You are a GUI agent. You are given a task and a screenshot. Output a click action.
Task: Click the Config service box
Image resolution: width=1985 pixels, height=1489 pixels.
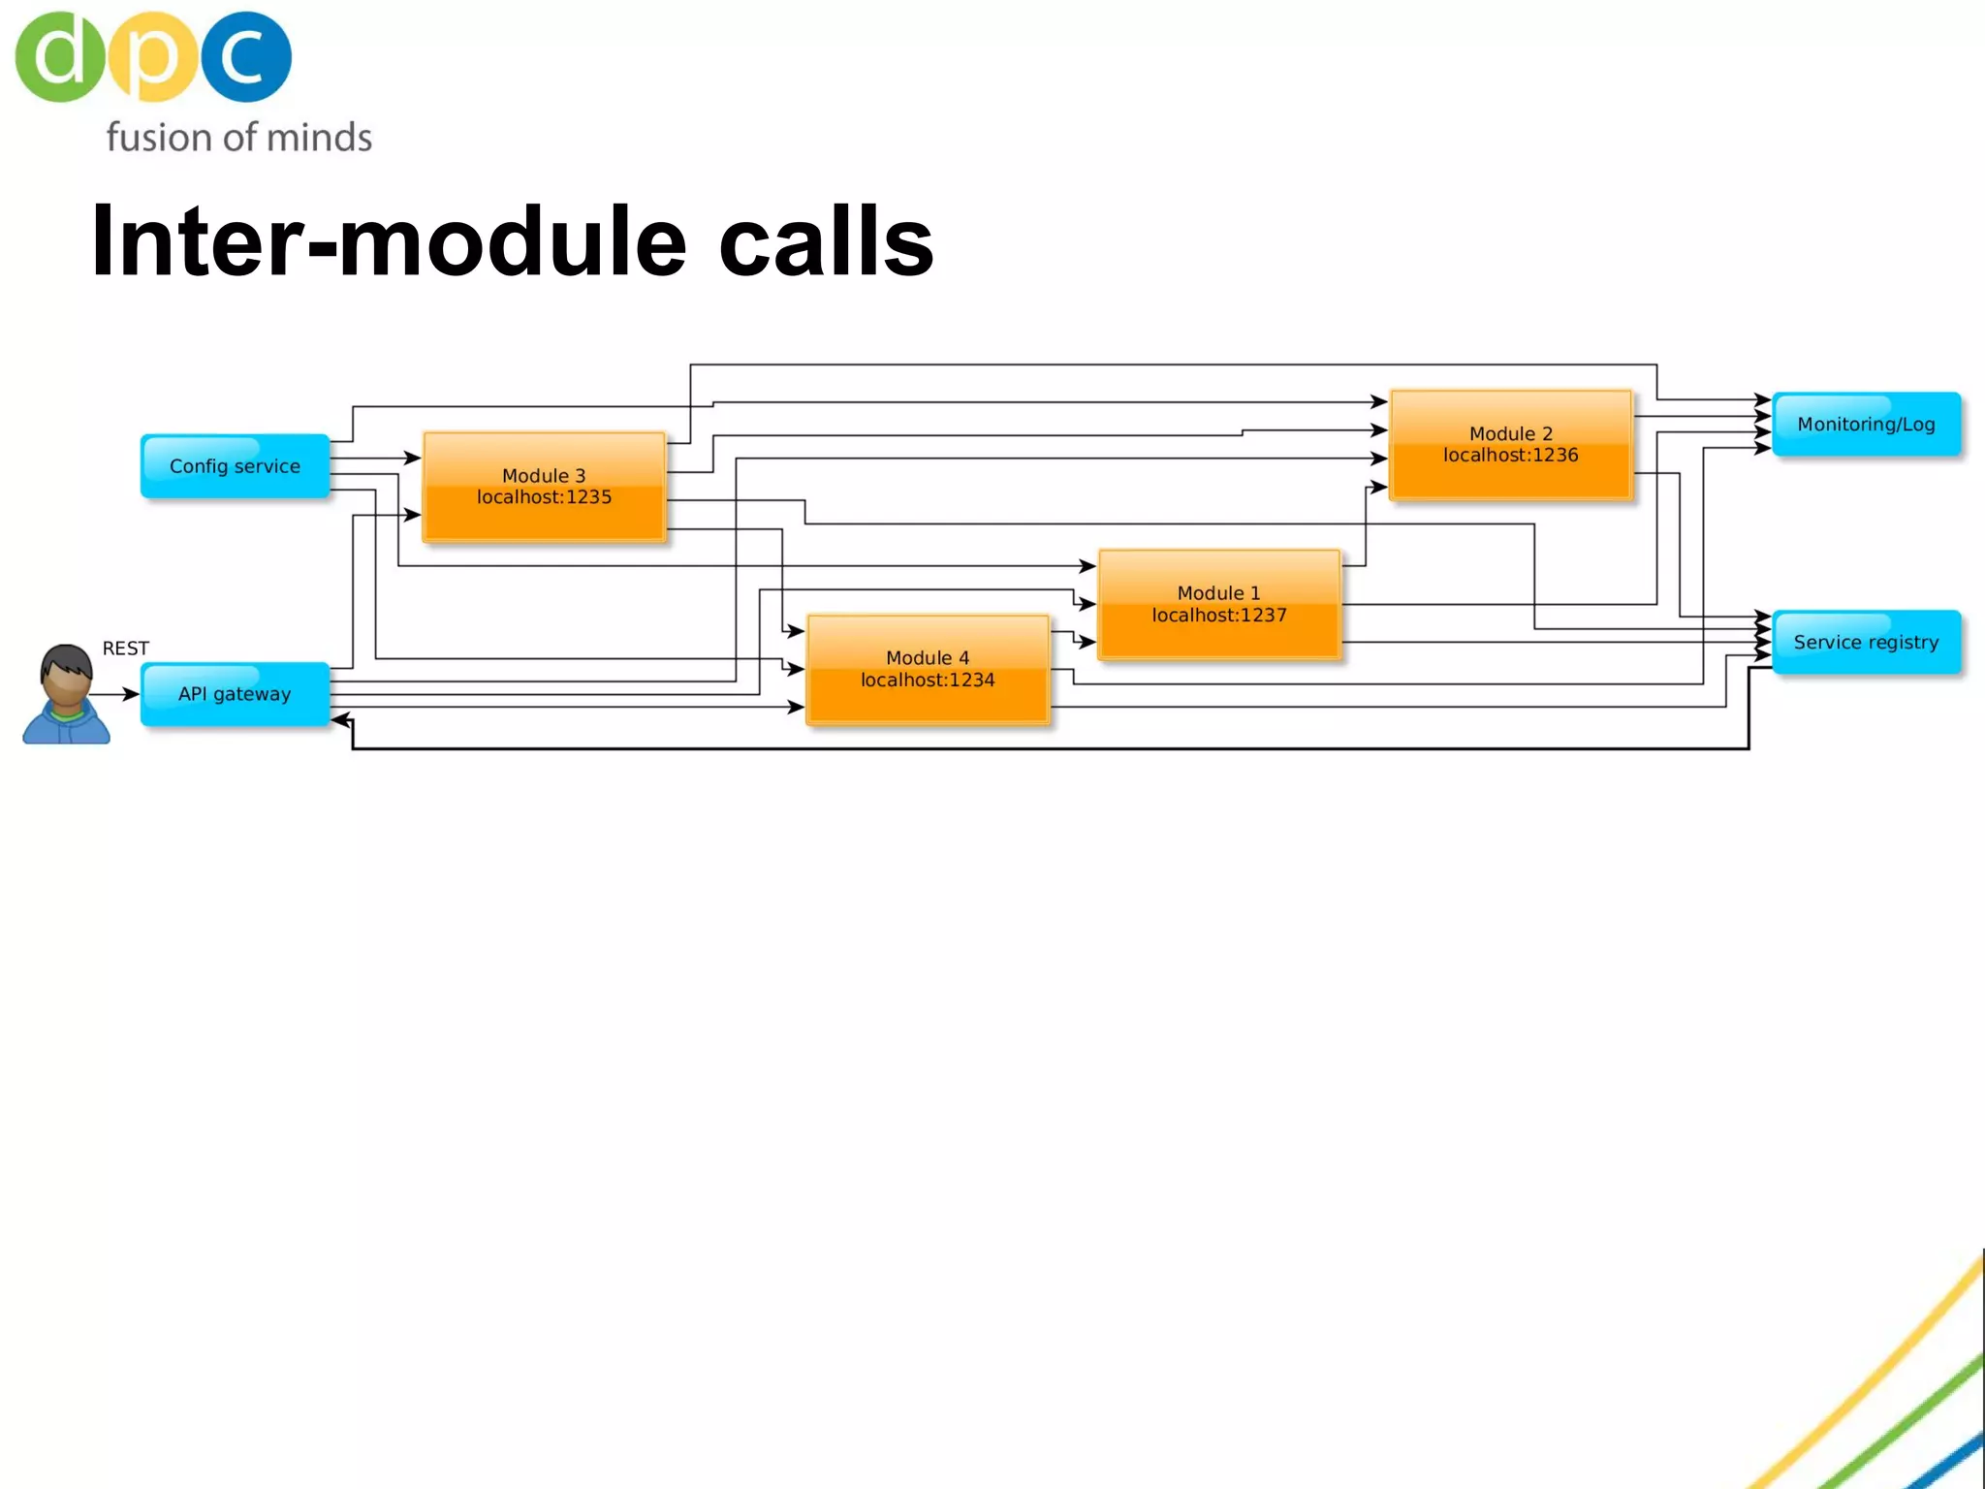(235, 466)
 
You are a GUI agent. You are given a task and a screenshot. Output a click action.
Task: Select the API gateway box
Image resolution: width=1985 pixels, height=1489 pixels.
(235, 694)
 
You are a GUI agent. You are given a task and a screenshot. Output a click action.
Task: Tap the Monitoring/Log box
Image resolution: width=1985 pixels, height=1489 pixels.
(1866, 424)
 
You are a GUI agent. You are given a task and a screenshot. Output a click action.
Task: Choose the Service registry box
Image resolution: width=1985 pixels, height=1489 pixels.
(1866, 642)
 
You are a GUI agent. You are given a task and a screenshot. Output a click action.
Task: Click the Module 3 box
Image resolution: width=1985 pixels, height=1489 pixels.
(544, 487)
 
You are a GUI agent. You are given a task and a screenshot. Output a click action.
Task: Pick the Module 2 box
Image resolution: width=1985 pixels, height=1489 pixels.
(1510, 445)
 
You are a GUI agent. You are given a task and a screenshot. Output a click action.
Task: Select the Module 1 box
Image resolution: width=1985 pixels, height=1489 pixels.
(1218, 605)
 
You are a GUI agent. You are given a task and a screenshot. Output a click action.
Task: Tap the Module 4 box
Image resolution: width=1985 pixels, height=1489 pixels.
(928, 669)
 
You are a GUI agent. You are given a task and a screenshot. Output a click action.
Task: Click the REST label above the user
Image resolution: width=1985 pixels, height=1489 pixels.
(125, 649)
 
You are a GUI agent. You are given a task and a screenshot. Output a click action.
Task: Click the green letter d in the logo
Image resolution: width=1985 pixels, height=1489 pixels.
(58, 56)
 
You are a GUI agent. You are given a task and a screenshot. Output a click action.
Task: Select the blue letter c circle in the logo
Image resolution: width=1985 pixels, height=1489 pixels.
(246, 56)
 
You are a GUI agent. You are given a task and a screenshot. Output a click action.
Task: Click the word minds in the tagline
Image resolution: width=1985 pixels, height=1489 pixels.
(319, 138)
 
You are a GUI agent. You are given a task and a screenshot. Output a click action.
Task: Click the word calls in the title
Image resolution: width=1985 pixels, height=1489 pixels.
(826, 242)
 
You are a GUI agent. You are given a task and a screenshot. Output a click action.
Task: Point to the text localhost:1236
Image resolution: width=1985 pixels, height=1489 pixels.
(1510, 456)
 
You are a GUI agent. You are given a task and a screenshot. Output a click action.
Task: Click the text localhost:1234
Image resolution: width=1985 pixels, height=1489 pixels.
(928, 681)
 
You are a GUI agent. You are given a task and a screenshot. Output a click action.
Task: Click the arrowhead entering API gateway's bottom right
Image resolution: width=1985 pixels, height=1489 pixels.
(340, 720)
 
